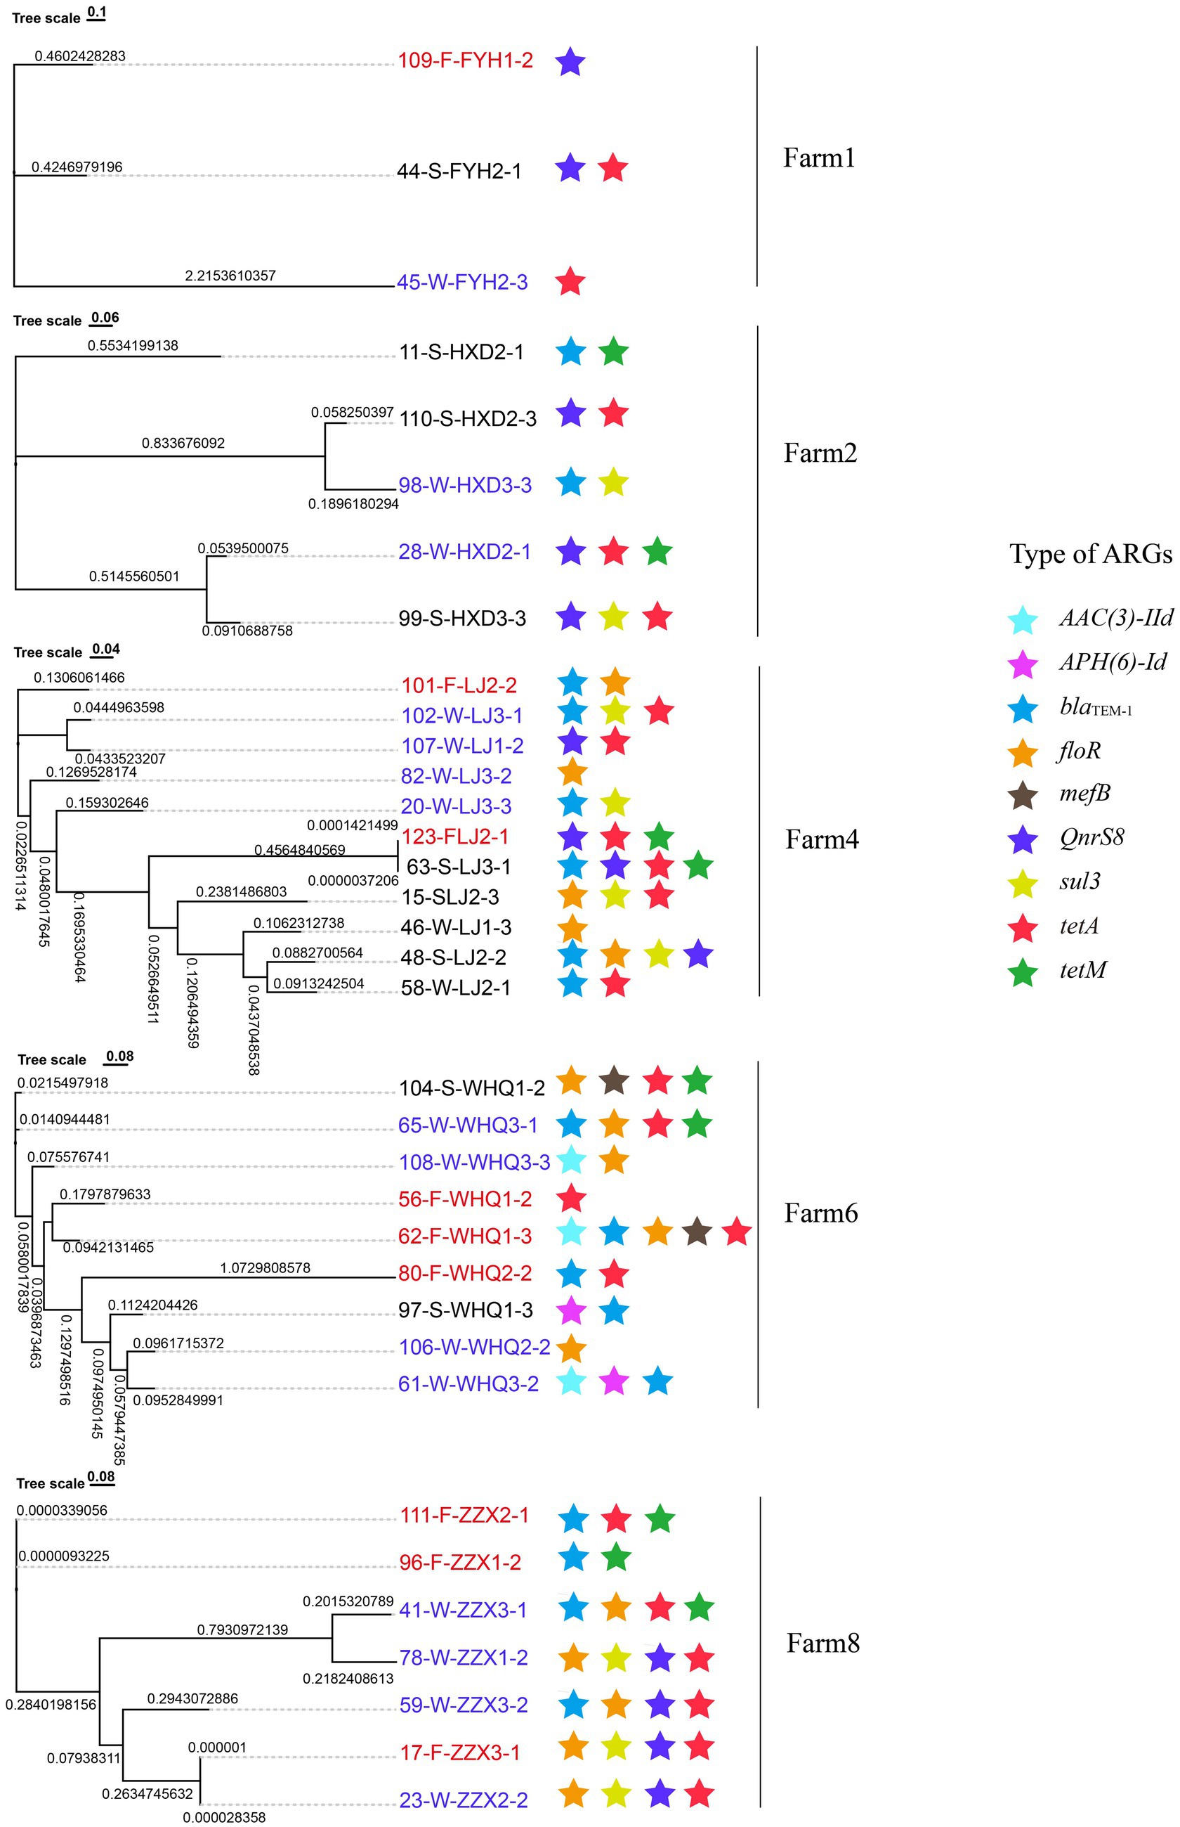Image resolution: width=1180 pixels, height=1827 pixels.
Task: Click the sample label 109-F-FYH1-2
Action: pyautogui.click(x=465, y=60)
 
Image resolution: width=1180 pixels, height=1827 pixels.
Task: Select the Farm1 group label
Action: pyautogui.click(x=818, y=158)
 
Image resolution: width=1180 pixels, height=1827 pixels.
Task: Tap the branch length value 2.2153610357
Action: pyautogui.click(x=230, y=276)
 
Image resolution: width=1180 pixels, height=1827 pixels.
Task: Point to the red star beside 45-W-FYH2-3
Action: pyautogui.click(x=570, y=281)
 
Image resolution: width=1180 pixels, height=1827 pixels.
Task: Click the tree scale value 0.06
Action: pyautogui.click(x=105, y=318)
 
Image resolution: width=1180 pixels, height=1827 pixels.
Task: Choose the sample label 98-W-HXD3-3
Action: pyautogui.click(x=464, y=485)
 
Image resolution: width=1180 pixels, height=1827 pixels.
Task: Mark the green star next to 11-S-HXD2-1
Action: pyautogui.click(x=613, y=352)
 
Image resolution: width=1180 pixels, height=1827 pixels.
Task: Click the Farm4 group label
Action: pyautogui.click(x=821, y=839)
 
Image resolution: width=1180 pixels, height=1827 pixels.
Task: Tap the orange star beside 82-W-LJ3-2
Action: pyautogui.click(x=572, y=773)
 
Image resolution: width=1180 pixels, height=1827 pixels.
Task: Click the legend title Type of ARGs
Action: pyautogui.click(x=1089, y=553)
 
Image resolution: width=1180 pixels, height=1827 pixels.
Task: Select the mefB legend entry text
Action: pyautogui.click(x=1084, y=793)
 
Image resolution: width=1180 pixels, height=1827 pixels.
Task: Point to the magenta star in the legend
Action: pyautogui.click(x=1023, y=664)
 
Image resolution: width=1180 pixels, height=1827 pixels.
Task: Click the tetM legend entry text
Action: pyautogui.click(x=1082, y=970)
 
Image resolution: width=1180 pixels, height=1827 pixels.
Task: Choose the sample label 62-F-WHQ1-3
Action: pyautogui.click(x=464, y=1236)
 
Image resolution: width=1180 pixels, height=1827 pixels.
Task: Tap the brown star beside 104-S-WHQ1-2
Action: pyautogui.click(x=613, y=1081)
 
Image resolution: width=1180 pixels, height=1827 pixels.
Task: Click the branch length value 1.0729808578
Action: pyautogui.click(x=265, y=1268)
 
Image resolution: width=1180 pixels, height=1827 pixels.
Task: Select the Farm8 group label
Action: pyautogui.click(x=822, y=1643)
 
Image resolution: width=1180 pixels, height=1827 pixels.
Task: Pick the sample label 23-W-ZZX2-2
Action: pyautogui.click(x=463, y=1800)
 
